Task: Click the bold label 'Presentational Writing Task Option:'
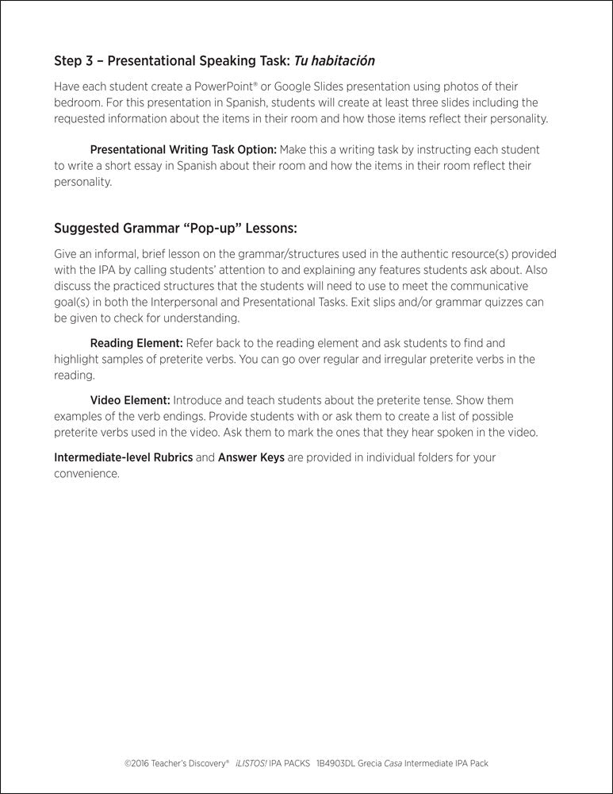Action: pyautogui.click(x=183, y=149)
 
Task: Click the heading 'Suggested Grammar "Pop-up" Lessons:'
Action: pyautogui.click(x=175, y=229)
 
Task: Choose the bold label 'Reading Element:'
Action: pyautogui.click(x=136, y=343)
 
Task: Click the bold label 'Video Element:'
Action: pyautogui.click(x=130, y=400)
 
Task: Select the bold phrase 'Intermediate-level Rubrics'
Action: pyautogui.click(x=123, y=457)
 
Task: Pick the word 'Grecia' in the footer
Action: pyautogui.click(x=374, y=764)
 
